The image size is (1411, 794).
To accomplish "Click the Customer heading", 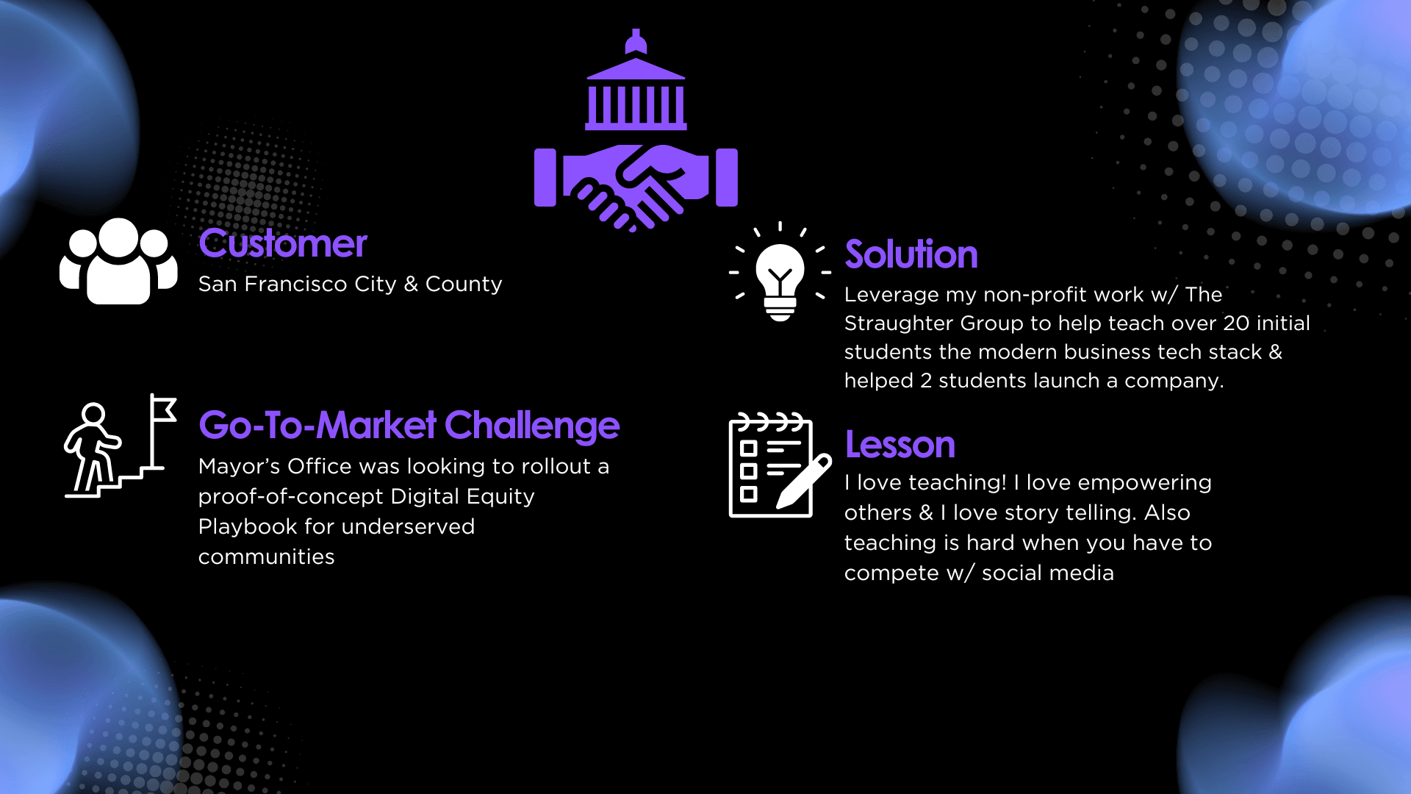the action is coord(283,243).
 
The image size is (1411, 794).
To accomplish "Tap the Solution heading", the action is coord(911,254).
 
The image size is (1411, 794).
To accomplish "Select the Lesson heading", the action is coord(900,445).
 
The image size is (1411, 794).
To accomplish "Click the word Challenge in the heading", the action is coord(532,426).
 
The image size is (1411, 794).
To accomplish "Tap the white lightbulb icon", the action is coord(780,273).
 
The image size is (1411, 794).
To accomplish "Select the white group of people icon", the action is coord(118,261).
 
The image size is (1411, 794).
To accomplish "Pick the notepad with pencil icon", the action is coord(780,465).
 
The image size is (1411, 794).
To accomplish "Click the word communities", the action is coord(267,557).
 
